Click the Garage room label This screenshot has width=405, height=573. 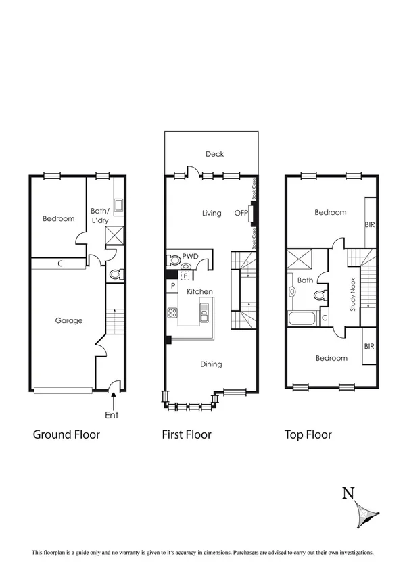(x=68, y=320)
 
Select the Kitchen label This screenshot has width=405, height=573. (x=199, y=291)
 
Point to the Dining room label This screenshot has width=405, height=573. (x=210, y=364)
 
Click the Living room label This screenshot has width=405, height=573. (x=212, y=214)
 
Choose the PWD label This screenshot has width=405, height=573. (x=191, y=257)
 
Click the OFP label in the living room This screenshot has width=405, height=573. (x=241, y=214)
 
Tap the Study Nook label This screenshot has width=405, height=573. (x=352, y=296)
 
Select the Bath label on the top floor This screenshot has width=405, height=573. (x=304, y=280)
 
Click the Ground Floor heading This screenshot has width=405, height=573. (x=66, y=434)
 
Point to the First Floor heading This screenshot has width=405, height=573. (x=186, y=434)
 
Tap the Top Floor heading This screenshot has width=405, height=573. (x=308, y=434)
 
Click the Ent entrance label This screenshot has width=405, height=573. (x=112, y=415)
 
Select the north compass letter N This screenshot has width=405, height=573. (x=348, y=493)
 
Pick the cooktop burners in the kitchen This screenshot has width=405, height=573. (x=172, y=313)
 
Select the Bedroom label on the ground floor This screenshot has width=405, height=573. (x=58, y=218)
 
